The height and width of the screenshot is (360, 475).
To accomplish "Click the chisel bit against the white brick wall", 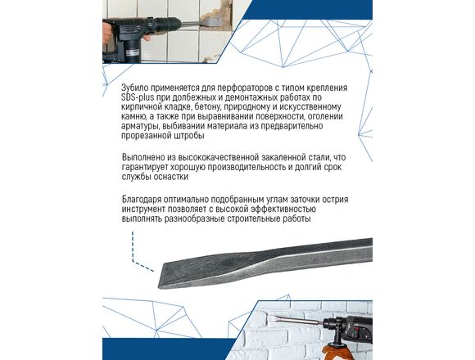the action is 296,319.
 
